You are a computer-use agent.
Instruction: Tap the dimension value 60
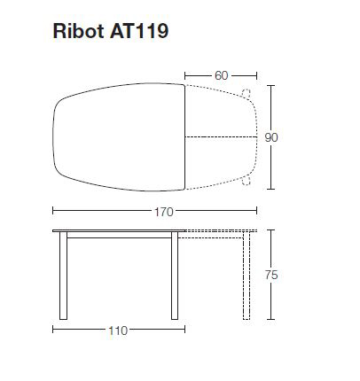pyautogui.click(x=220, y=75)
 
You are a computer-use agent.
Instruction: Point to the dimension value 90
pyautogui.click(x=273, y=137)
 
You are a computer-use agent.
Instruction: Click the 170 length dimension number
pyautogui.click(x=162, y=212)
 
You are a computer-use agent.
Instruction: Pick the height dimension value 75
pyautogui.click(x=272, y=276)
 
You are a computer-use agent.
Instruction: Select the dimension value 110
pyautogui.click(x=117, y=330)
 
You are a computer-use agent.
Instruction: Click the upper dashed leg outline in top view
pyautogui.click(x=246, y=94)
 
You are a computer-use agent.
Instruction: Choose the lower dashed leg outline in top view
pyautogui.click(x=246, y=181)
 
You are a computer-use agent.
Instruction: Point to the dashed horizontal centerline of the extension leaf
pyautogui.click(x=222, y=136)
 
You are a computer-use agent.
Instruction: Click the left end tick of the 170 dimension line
pyautogui.click(x=52, y=211)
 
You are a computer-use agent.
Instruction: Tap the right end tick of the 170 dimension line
pyautogui.click(x=257, y=211)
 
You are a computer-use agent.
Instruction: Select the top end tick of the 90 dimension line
pyautogui.click(x=271, y=85)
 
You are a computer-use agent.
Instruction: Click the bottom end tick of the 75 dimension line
pyautogui.click(x=271, y=318)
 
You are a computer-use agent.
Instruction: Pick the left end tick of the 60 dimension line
pyautogui.click(x=185, y=75)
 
